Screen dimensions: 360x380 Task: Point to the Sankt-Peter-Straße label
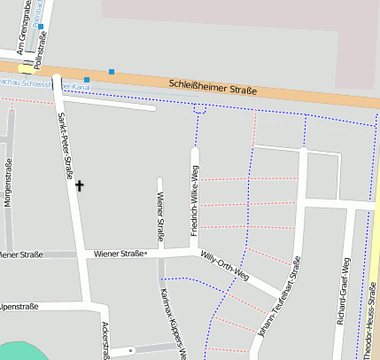65,145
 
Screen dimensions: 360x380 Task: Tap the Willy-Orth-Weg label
226,267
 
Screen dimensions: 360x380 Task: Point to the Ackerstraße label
105,341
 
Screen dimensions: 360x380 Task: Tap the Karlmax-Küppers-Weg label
172,323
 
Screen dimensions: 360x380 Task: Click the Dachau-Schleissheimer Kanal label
44,83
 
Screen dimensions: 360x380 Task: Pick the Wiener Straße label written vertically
160,216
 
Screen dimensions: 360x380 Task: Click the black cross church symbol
79,186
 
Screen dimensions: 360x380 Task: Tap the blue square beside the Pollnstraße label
41,27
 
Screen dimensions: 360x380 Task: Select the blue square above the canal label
112,71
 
